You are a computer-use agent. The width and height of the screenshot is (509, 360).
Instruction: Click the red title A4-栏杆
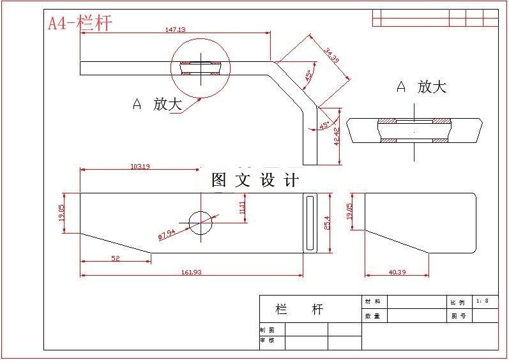click(80, 24)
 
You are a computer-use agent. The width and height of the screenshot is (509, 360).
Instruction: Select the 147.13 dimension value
click(175, 29)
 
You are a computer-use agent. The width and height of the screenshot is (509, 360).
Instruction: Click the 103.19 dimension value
click(140, 167)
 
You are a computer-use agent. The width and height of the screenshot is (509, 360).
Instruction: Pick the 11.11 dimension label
click(242, 207)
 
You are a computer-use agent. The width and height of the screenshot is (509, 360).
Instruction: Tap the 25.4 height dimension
click(328, 223)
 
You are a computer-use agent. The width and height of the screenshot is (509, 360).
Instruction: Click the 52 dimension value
click(116, 259)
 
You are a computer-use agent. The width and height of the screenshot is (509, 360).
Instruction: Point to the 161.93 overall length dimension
click(192, 272)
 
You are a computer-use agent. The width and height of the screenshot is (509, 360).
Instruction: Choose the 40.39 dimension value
click(397, 272)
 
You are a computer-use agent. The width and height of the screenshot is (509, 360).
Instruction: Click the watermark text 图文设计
click(255, 180)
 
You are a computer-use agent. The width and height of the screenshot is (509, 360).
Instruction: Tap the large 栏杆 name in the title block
click(299, 310)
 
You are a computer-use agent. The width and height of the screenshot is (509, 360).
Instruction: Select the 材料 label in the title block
click(372, 301)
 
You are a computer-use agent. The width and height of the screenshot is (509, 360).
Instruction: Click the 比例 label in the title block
click(458, 302)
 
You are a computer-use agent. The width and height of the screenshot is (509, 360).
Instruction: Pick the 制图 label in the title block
click(267, 330)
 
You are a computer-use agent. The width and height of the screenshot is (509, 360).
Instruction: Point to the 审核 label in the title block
click(267, 341)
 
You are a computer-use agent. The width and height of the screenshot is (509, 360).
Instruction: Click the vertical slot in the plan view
click(310, 223)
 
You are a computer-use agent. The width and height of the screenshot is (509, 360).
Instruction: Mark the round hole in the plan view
click(201, 222)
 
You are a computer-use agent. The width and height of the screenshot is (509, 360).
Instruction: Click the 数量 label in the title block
click(372, 315)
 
